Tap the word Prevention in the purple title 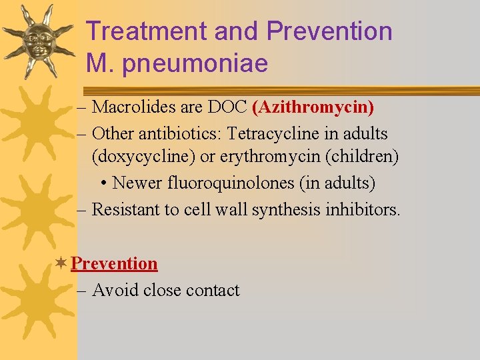[329, 31]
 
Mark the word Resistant [127, 209]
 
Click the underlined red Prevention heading [114, 263]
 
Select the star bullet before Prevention [61, 263]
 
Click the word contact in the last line [213, 290]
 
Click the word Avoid [114, 290]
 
